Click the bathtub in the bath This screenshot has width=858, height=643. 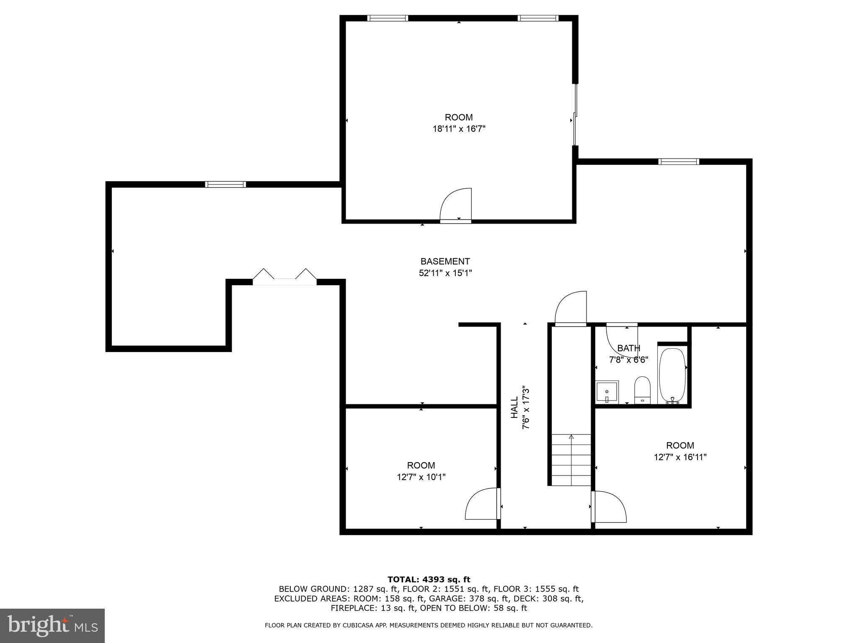point(672,376)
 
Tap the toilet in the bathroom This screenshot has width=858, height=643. point(642,389)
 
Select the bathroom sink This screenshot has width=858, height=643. point(607,392)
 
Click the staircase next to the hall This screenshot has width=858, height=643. point(571,460)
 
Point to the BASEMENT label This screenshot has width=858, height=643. point(445,262)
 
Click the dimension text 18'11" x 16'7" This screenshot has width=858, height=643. point(459,129)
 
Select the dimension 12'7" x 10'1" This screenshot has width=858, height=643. point(421,477)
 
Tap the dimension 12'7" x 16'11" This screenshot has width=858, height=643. point(680,457)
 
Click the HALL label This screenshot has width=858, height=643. point(514,408)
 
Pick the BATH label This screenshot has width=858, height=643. point(628,348)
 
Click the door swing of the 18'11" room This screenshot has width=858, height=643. point(457,205)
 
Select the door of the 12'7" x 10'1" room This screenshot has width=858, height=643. point(482,504)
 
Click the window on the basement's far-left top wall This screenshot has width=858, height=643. point(225,184)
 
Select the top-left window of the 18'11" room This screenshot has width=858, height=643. point(388,18)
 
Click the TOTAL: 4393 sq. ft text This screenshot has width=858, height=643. point(429,579)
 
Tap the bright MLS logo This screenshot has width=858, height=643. point(52,626)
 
